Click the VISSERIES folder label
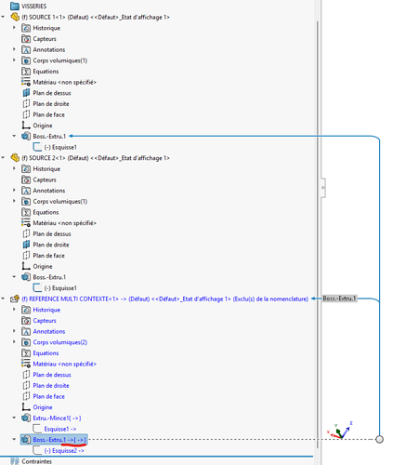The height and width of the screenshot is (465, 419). click(x=33, y=7)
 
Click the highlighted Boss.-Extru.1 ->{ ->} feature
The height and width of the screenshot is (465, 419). click(x=59, y=440)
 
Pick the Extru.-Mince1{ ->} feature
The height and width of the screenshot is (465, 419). click(x=57, y=418)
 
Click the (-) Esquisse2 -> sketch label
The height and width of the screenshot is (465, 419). click(x=64, y=450)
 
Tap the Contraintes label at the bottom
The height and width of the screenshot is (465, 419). click(x=36, y=461)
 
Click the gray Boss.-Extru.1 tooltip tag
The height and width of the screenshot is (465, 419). click(x=340, y=299)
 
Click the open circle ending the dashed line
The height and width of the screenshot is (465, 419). click(x=379, y=439)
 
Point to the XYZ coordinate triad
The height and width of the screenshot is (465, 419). click(x=340, y=431)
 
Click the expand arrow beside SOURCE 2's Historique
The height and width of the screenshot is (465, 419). click(x=14, y=168)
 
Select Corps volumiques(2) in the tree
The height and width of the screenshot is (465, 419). click(x=60, y=342)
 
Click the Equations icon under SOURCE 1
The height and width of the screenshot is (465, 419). click(x=26, y=72)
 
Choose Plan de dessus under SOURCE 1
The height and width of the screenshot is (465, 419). click(x=52, y=93)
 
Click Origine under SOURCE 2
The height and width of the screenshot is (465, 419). click(x=43, y=266)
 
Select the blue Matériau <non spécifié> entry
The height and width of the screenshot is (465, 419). click(x=64, y=364)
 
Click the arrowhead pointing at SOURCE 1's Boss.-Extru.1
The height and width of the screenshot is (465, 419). click(x=71, y=136)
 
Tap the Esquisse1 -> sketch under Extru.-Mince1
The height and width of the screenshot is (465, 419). click(x=60, y=429)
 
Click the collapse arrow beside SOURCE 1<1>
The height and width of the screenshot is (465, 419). click(x=3, y=17)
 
